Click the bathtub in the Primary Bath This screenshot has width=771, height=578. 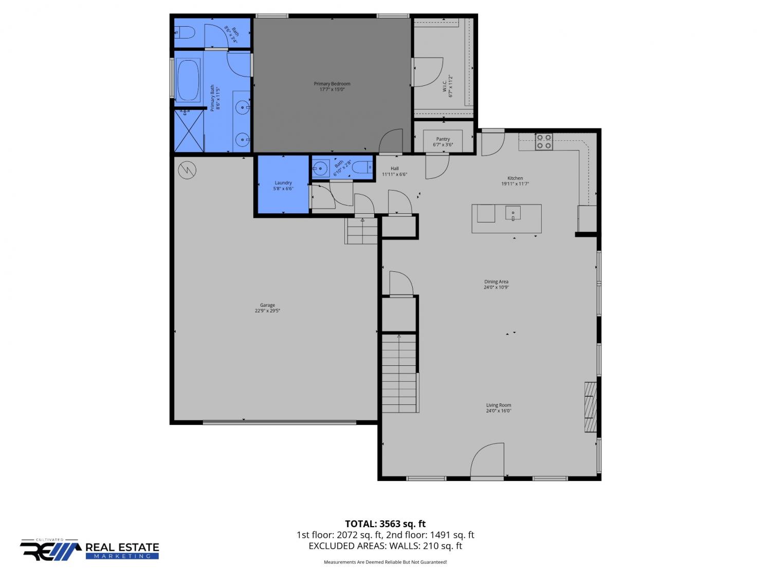click(x=188, y=80)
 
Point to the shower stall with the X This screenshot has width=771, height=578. click(x=189, y=130)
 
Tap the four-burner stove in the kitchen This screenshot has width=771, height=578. click(x=544, y=142)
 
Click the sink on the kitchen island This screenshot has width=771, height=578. click(x=513, y=213)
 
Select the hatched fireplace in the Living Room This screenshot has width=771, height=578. click(x=591, y=407)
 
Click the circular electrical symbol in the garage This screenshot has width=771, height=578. click(x=187, y=171)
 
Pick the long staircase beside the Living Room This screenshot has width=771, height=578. click(x=399, y=374)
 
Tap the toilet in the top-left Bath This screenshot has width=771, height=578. click(x=185, y=33)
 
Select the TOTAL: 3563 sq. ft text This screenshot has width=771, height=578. click(x=385, y=524)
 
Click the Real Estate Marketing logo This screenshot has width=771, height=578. click(x=89, y=550)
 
